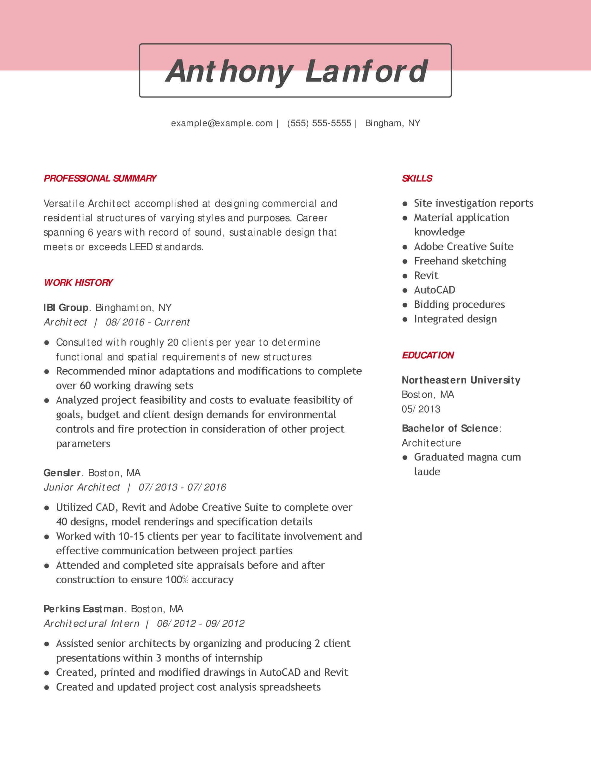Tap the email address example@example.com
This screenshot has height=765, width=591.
[x=222, y=123]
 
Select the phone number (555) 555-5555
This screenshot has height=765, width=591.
[x=319, y=123]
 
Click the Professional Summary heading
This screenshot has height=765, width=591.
[x=100, y=178]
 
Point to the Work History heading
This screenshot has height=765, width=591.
[x=78, y=282]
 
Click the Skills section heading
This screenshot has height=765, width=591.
[x=417, y=178]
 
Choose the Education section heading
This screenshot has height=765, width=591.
[x=428, y=355]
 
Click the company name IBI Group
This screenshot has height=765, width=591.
[x=66, y=307]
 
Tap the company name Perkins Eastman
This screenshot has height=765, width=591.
[x=83, y=609]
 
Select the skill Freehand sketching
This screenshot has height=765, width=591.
[x=460, y=261]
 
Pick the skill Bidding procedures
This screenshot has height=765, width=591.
[x=459, y=305]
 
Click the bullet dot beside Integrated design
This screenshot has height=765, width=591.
[x=405, y=319]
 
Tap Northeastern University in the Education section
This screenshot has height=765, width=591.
[x=461, y=380]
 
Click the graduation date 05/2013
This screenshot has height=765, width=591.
[x=421, y=409]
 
